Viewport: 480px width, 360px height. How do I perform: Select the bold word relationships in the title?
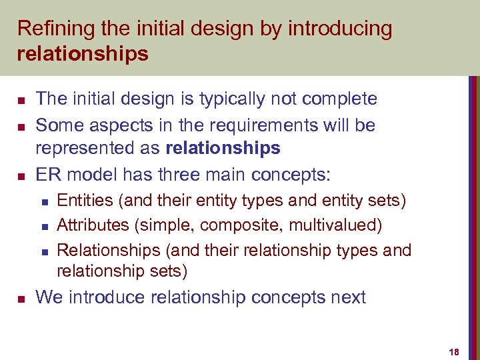[x=83, y=53]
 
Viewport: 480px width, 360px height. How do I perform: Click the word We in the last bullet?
[x=47, y=297]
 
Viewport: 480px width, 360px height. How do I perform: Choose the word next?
[x=346, y=297]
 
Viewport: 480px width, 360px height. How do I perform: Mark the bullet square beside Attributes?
[x=43, y=226]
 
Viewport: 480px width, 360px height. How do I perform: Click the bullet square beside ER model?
[x=21, y=175]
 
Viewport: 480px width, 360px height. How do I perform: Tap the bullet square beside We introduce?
[x=21, y=297]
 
